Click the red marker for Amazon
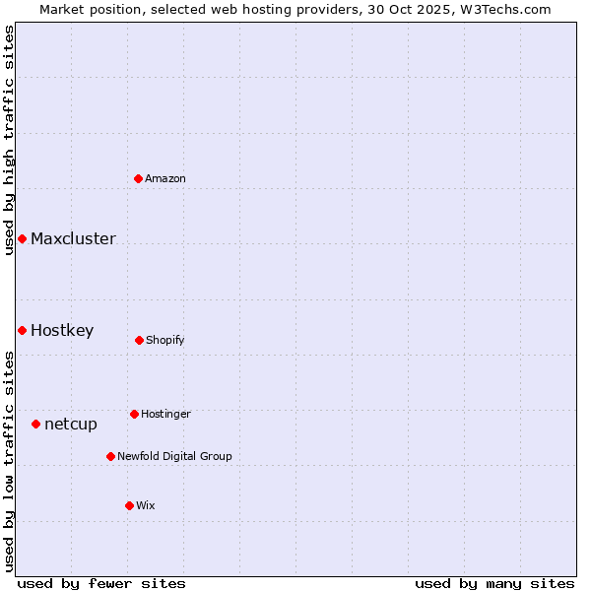point(139,178)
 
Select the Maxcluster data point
point(22,238)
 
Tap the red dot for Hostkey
point(22,330)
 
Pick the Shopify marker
point(139,340)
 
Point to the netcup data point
point(35,424)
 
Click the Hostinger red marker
point(134,414)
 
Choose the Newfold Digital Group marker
point(110,456)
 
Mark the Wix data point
point(129,505)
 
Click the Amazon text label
point(165,178)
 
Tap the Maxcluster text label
point(73,238)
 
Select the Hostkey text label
point(62,330)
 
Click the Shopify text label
point(165,340)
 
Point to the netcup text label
point(71,424)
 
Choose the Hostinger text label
point(165,414)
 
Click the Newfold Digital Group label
point(174,456)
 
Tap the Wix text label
point(146,505)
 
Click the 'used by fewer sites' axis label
point(101,583)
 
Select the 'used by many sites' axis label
point(494,583)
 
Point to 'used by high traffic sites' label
point(9,140)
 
